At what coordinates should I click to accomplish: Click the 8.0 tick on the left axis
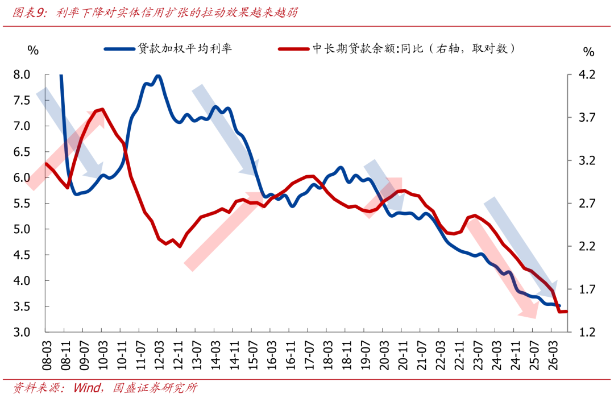coord(22,74)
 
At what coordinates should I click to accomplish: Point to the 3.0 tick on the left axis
coord(22,332)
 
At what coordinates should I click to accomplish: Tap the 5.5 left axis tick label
coord(22,203)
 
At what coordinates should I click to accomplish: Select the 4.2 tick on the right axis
coord(587,74)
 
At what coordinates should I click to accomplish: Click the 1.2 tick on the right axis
coord(587,332)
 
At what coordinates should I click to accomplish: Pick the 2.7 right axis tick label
coord(587,203)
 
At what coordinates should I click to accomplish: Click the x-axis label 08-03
coord(47,355)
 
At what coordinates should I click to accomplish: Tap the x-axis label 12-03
coord(159,355)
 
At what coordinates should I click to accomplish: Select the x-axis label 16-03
coord(271,355)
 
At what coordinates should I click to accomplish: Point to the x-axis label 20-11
coord(403,355)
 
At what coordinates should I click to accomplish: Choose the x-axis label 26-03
coord(553,355)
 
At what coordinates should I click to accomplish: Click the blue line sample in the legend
coord(119,49)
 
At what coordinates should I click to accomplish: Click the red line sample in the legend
coord(294,49)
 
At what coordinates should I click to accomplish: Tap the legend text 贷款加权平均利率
coord(185,48)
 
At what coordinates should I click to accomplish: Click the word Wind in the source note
coord(87,388)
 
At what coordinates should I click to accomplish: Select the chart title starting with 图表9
coord(155,13)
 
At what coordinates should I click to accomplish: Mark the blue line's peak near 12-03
coord(158,75)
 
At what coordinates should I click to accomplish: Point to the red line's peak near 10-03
coord(102,109)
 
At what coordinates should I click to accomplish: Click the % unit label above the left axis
coord(33,50)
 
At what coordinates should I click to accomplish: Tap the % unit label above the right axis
coord(588,51)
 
